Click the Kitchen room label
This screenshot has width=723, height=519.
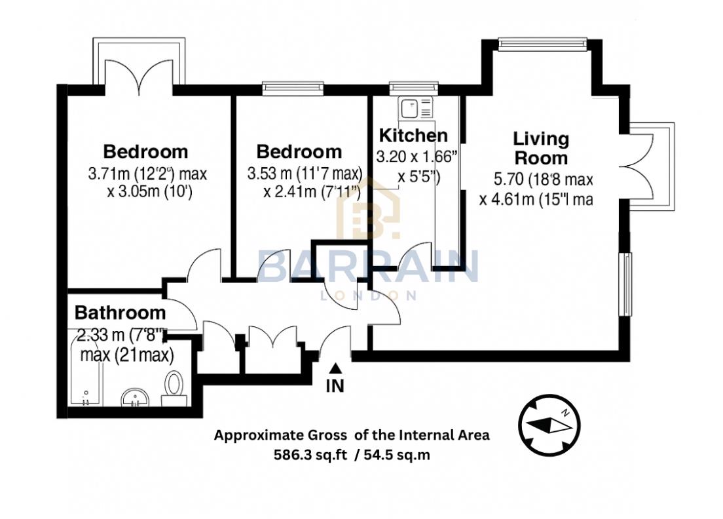[414, 136]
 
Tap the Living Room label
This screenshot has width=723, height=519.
[541, 148]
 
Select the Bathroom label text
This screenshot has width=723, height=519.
[120, 313]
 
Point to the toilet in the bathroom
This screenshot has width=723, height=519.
[175, 384]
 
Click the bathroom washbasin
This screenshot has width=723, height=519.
[136, 396]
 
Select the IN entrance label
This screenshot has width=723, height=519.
[335, 387]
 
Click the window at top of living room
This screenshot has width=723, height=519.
[541, 45]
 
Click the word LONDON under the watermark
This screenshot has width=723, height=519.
[367, 296]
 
